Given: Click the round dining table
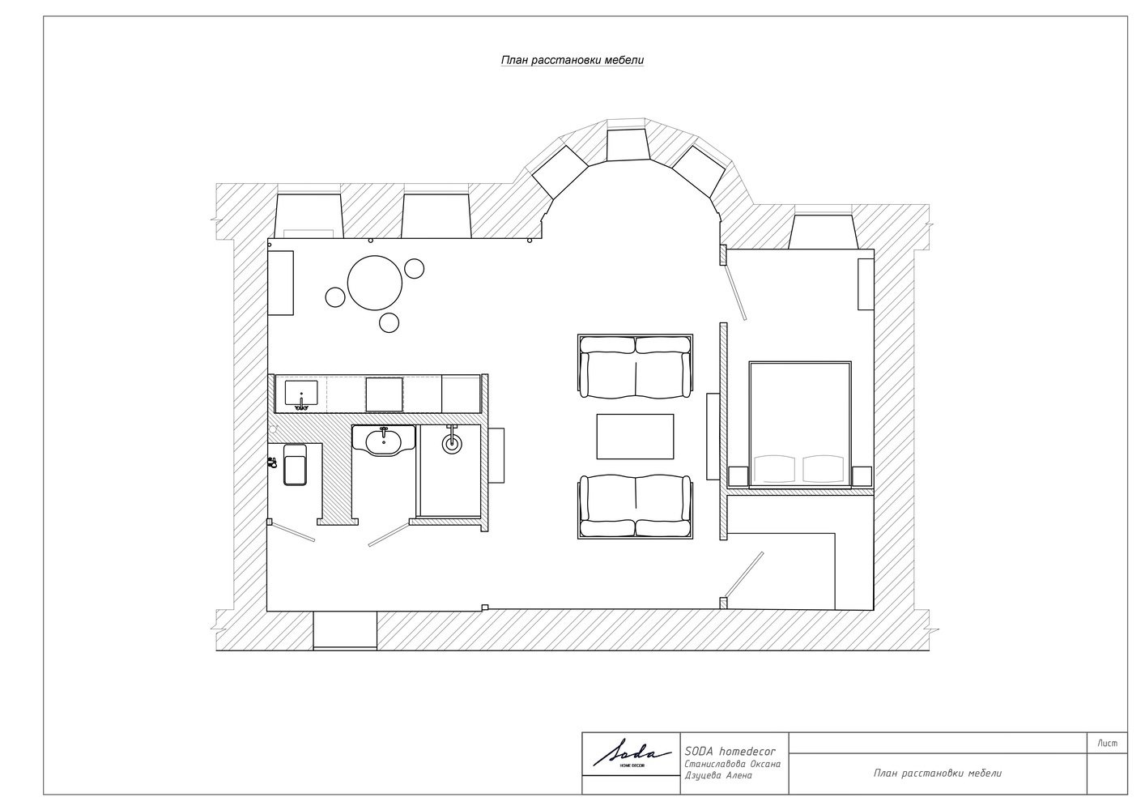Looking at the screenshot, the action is tap(374, 283).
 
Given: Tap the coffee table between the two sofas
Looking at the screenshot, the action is tap(635, 437).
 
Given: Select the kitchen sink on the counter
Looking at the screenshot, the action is tap(301, 394).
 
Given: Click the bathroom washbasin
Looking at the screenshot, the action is tap(383, 441).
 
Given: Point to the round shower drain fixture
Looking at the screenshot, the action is tap(452, 441).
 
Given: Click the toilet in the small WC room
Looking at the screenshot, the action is tap(295, 464).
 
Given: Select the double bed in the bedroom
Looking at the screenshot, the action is tap(800, 424).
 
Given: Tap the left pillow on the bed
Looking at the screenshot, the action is tap(776, 468).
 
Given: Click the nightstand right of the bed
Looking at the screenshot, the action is tap(862, 475).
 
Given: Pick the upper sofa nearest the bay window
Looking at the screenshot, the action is tap(636, 366).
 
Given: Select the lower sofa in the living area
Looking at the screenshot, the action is tap(636, 505).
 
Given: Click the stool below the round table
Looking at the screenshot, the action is tap(389, 322).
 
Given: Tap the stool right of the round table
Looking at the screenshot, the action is tap(414, 268).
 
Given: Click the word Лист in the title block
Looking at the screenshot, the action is tap(1107, 744).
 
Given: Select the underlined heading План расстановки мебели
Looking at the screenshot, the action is tap(572, 60).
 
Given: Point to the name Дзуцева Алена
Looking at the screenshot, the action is tap(718, 775).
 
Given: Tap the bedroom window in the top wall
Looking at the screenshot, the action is tap(824, 232).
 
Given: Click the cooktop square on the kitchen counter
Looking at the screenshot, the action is tap(384, 394).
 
